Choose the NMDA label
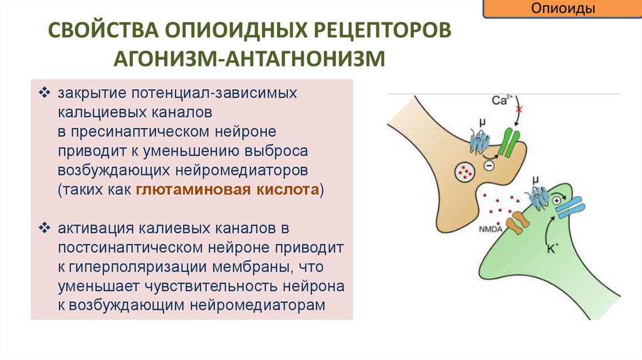click(x=493, y=230)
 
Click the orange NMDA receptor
click(x=516, y=223)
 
